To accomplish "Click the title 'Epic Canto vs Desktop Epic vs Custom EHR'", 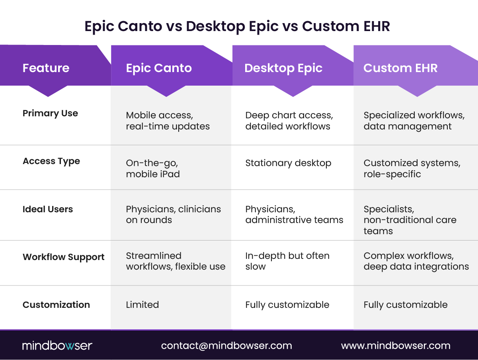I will coord(237,26).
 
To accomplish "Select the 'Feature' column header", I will coord(46,68).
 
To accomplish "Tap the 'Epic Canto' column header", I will coord(159,68).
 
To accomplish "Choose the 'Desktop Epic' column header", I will coord(283,68).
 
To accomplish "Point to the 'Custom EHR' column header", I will coord(400,68).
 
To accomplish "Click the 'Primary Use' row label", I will coord(50,113).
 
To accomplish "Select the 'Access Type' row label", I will coord(51,161).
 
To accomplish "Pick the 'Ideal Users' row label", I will coord(48,209).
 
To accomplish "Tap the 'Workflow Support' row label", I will coord(64,257).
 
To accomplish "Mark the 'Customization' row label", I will coord(56,305).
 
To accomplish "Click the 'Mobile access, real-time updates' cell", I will coord(168,121).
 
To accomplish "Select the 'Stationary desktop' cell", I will coord(288,163).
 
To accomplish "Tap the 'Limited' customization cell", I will coord(142,305).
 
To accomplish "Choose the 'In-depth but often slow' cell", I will coord(287,261).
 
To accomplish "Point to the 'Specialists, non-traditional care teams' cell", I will coord(410,220).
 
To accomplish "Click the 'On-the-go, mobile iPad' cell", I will coord(153,169).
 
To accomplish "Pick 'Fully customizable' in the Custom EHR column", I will coord(406,305).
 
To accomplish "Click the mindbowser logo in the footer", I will coord(57,346).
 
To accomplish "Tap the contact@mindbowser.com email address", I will coord(226,346).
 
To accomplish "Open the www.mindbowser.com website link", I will coord(396,346).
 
